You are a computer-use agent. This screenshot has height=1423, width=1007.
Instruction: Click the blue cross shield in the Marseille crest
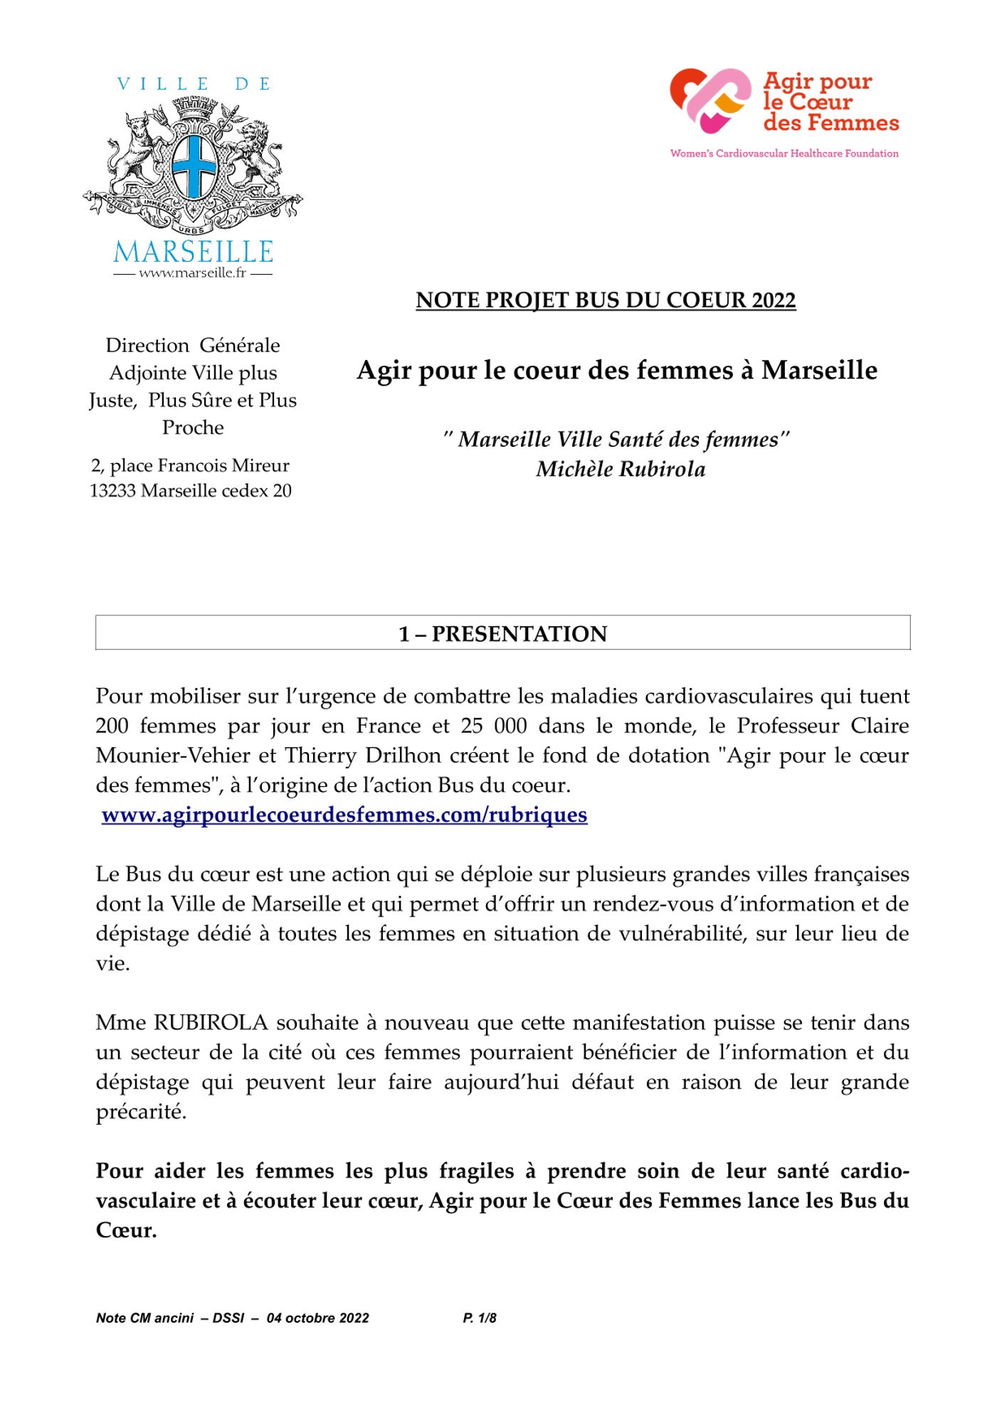tap(193, 165)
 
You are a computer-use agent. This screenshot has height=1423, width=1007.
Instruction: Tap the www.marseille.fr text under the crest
tap(192, 273)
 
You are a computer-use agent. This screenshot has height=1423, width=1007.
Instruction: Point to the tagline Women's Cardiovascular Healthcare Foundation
tap(784, 153)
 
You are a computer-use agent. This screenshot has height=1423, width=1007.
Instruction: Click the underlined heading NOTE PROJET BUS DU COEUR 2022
tap(606, 300)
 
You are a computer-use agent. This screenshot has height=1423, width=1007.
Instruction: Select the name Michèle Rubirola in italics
tap(621, 469)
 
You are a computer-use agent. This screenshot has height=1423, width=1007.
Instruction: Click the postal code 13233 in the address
tap(113, 491)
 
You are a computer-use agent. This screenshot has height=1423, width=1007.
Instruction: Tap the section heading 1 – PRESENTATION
tap(502, 633)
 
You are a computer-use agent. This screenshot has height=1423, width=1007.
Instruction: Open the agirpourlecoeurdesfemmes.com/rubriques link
tap(344, 815)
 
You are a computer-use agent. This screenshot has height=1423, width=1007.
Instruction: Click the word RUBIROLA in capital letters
tap(211, 1022)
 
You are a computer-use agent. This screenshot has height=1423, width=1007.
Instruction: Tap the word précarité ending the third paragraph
tap(141, 1111)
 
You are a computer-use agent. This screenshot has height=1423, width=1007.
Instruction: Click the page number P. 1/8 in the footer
tap(480, 1318)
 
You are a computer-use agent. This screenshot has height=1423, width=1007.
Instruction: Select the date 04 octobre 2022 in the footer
tap(317, 1318)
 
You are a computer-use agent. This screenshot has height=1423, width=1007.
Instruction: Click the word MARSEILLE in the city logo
tap(193, 251)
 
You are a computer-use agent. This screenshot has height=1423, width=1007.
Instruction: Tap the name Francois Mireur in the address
tap(223, 465)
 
